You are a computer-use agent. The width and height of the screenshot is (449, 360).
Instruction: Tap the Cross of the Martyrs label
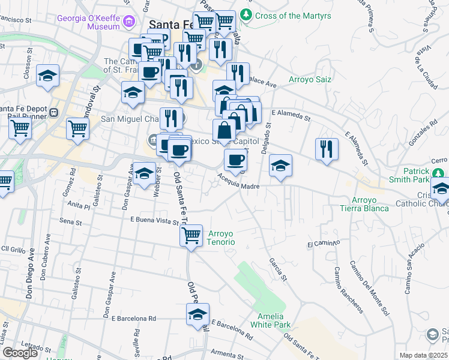point(285,15)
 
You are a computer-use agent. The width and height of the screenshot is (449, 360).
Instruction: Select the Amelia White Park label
point(274,320)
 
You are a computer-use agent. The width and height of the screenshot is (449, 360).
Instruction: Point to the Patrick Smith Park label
point(416,175)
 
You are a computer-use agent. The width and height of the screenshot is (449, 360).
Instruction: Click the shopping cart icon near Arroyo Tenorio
point(191,234)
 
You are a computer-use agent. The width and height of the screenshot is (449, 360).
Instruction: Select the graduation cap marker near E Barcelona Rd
point(197,314)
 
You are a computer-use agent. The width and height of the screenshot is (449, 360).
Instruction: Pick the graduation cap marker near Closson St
point(47,76)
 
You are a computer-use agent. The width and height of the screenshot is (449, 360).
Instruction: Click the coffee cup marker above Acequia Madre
point(235,160)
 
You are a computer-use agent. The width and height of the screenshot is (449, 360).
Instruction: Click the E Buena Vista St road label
point(154,221)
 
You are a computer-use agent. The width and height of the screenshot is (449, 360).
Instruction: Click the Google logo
point(20,353)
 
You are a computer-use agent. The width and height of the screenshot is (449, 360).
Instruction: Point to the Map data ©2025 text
point(424,355)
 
